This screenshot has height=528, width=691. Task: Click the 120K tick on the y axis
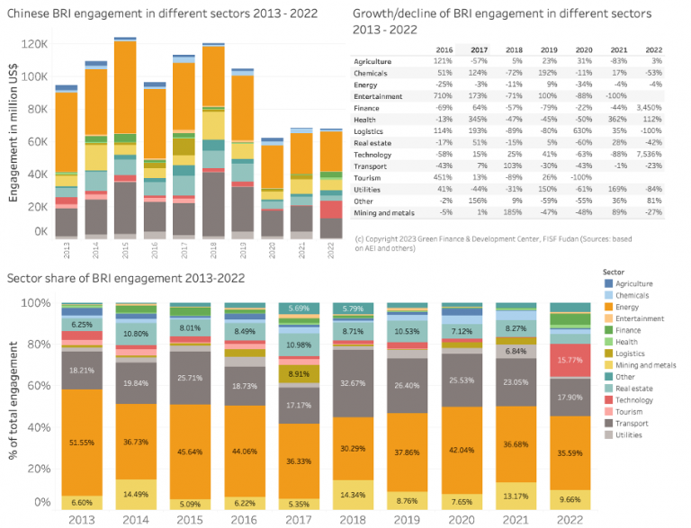[x=33, y=44]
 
